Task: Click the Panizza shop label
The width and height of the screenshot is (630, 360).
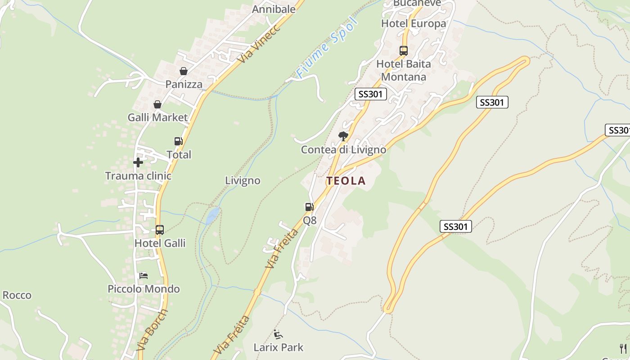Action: [184, 84]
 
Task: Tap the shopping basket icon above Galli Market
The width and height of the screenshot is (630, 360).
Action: [157, 104]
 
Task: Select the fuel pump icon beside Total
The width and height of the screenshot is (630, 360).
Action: [179, 141]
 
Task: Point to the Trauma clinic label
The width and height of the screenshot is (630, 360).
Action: [138, 175]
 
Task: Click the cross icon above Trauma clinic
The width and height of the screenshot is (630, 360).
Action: [138, 162]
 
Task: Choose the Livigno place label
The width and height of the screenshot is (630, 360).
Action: [243, 180]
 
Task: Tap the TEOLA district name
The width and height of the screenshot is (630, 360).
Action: [346, 181]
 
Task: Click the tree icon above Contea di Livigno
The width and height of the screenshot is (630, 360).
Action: [343, 136]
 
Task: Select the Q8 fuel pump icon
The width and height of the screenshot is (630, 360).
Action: [310, 207]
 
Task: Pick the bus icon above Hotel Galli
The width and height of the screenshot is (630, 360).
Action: [160, 230]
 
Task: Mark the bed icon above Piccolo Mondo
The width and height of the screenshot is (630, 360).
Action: [144, 275]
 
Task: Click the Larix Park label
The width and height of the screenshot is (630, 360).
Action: [279, 347]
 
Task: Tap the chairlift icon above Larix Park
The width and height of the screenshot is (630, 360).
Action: [278, 334]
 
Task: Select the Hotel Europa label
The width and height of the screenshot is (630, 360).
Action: [414, 23]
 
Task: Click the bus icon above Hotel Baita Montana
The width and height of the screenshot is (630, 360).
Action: [404, 51]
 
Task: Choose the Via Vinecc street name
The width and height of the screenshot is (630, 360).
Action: [260, 44]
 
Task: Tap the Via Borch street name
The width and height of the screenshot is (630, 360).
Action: [152, 330]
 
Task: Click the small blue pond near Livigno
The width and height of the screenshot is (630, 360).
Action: [213, 215]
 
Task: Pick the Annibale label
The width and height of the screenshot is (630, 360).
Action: [274, 9]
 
